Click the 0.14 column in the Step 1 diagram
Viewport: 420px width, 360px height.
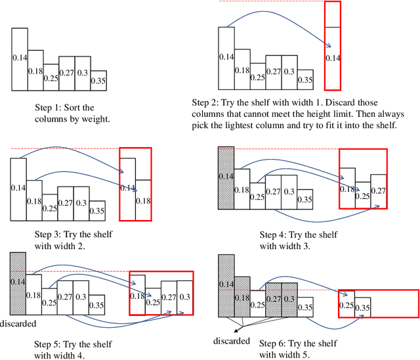tap(20, 59)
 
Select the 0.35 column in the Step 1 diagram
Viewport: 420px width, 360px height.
tap(98, 81)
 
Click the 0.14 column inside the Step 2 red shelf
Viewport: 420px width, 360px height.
tap(333, 58)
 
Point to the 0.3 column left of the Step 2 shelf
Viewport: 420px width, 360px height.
tap(289, 71)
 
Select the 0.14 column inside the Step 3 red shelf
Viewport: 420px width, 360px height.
tap(127, 187)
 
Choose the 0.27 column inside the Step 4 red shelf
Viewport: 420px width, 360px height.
tap(378, 189)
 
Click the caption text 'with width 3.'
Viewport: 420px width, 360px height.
tap(285, 246)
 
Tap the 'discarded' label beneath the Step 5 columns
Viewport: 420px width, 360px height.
tap(18, 323)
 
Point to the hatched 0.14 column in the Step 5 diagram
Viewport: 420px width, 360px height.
tap(18, 281)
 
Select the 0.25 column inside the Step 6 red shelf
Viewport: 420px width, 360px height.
tap(346, 304)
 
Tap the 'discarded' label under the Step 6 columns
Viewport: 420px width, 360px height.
tap(232, 340)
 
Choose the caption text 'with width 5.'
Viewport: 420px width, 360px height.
tap(285, 355)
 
